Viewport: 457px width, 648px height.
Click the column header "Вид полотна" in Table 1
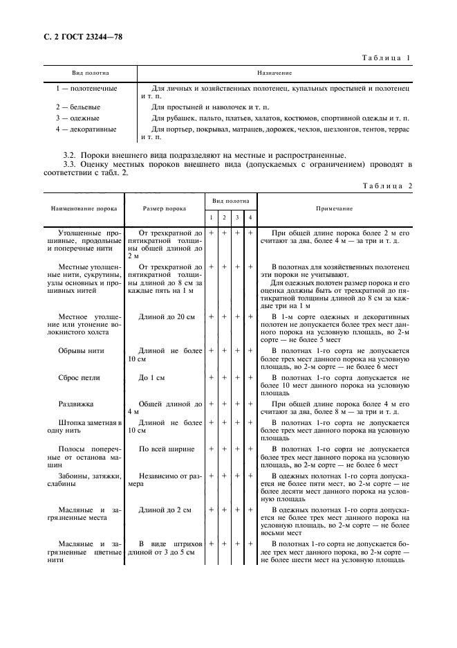(91, 73)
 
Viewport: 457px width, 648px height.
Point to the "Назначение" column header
(274, 73)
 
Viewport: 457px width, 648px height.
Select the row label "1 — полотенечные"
(86, 89)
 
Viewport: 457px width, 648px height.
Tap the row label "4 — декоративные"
(86, 129)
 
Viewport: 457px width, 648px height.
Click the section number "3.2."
(69, 154)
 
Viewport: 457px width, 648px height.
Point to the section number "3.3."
(69, 164)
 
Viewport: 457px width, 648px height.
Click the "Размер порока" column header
(164, 208)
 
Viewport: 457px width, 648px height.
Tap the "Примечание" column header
(335, 208)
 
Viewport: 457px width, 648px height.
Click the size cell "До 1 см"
(153, 378)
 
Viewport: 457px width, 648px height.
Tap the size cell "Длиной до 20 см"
(167, 316)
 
